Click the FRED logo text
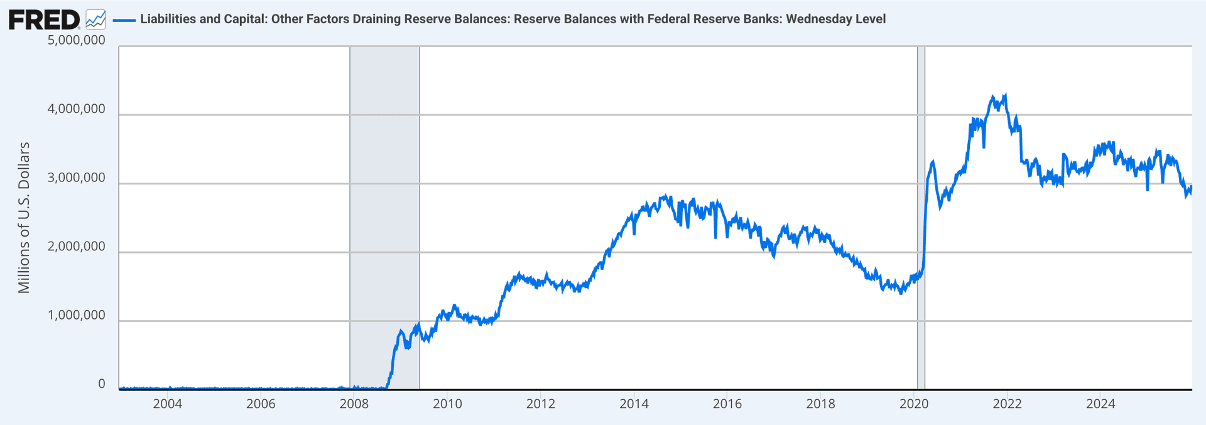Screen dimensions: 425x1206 coord(44,19)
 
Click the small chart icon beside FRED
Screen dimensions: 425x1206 coord(95,19)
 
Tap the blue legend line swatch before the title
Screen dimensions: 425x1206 coord(124,20)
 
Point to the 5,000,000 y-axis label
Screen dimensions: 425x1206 coord(77,40)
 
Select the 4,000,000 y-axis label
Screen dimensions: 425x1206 coord(77,109)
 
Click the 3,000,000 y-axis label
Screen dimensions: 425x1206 coord(77,178)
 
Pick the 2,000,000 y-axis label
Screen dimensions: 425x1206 coord(77,247)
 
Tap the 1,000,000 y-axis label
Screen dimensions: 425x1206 coord(77,315)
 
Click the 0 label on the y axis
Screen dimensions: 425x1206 coord(102,384)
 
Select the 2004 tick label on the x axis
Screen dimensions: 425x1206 coord(167,404)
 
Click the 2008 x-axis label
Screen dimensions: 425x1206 coord(354,404)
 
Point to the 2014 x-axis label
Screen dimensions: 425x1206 coord(634,404)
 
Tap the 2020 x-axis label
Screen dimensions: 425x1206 coord(914,404)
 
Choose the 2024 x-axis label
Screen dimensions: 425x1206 coord(1100,404)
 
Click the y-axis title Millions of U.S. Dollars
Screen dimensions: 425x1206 coord(24,217)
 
